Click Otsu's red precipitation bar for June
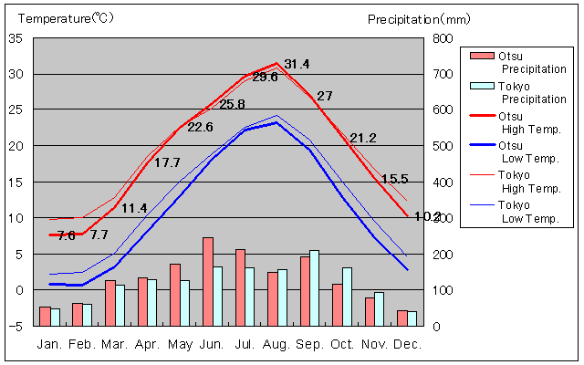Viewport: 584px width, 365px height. click(x=207, y=281)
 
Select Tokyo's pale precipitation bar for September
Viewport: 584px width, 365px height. click(x=314, y=287)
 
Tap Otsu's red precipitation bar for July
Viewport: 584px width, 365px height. click(x=240, y=287)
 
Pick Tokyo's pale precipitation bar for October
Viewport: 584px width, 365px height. click(x=347, y=296)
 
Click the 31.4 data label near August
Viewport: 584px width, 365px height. click(x=297, y=64)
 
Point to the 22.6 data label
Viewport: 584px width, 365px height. click(x=200, y=127)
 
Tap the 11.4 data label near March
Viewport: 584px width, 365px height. click(x=134, y=208)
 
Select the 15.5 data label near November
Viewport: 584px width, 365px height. click(x=394, y=179)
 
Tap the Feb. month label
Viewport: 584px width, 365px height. click(x=83, y=344)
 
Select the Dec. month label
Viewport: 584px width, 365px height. click(x=407, y=344)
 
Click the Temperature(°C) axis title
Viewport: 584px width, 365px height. click(x=64, y=18)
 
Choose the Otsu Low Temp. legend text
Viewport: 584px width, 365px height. click(x=530, y=152)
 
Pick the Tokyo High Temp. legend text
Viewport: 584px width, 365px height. click(x=530, y=182)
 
